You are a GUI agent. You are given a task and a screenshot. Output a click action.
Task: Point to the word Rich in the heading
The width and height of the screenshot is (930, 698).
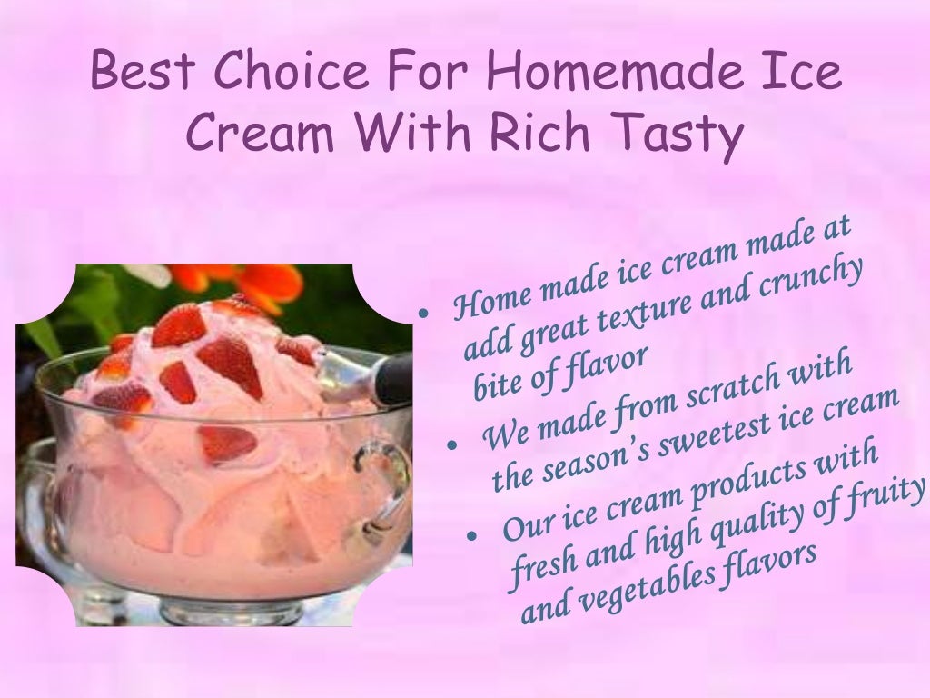(x=546, y=134)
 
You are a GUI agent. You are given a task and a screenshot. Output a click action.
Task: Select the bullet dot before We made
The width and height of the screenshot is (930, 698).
(x=450, y=445)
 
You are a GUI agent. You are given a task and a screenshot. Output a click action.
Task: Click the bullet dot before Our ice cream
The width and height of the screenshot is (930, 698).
(x=471, y=537)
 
